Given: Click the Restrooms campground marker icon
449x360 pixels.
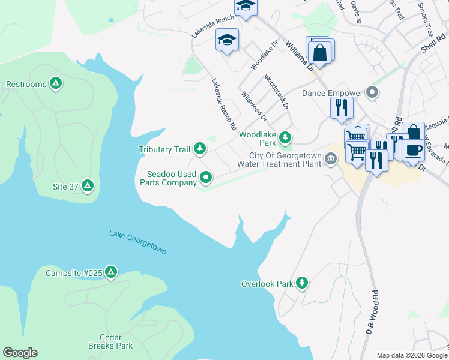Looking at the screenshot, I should pyautogui.click(x=56, y=83).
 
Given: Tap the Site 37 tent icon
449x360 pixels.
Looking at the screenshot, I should pyautogui.click(x=88, y=186).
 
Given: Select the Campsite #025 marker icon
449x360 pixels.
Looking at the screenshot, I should pyautogui.click(x=110, y=273).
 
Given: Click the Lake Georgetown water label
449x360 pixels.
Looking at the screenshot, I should pyautogui.click(x=137, y=242).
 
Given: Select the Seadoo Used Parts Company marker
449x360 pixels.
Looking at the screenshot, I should pyautogui.click(x=206, y=176).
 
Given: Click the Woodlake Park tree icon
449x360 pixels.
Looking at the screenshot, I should pyautogui.click(x=285, y=139).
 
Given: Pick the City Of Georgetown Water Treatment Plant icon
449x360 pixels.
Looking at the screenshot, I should pyautogui.click(x=330, y=159).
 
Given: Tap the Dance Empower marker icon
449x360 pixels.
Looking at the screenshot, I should pyautogui.click(x=372, y=92).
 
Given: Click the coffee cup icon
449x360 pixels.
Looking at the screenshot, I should pyautogui.click(x=413, y=150).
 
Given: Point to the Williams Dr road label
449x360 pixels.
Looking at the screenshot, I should pyautogui.click(x=300, y=56).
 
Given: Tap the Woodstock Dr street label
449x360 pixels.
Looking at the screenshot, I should pyautogui.click(x=277, y=92).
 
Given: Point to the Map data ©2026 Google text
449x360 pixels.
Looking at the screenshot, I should pyautogui.click(x=411, y=355).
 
